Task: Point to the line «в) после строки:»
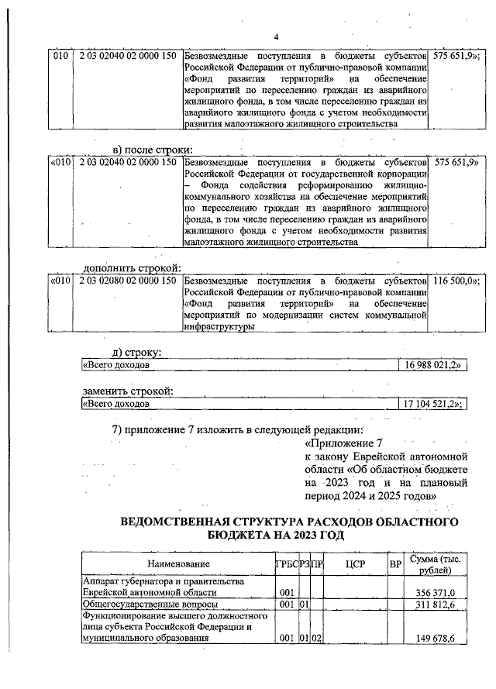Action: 153,150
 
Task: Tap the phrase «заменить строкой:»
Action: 128,391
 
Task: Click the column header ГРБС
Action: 286,564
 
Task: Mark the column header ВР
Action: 395,564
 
